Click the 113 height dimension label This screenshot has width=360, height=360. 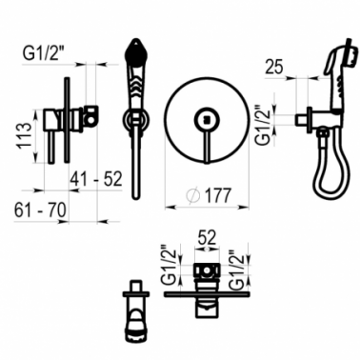[x=25, y=135]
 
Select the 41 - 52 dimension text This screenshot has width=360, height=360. [x=96, y=179]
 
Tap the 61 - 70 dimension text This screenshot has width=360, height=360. [x=40, y=210]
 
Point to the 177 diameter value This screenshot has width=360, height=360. [x=218, y=195]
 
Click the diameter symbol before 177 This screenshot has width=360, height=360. [x=193, y=196]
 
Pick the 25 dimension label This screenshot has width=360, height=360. [x=274, y=67]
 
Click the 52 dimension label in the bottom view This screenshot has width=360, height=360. [x=207, y=237]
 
